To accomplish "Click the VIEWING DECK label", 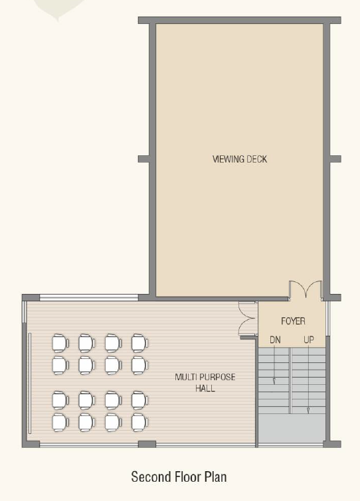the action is (x=240, y=159).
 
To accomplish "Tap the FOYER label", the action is (x=293, y=321).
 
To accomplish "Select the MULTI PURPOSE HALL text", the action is (x=205, y=382).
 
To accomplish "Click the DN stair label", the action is (x=275, y=340).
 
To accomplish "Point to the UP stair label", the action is (x=309, y=340).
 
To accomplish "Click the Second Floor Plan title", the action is (x=179, y=476).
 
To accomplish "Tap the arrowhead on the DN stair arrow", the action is (x=274, y=381).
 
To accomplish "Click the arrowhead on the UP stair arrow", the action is (x=308, y=410).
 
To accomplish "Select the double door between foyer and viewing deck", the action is (x=306, y=289).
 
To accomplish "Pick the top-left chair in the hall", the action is (x=60, y=343).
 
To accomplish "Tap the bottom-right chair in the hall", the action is (x=139, y=423).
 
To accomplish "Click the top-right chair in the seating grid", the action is (x=139, y=343).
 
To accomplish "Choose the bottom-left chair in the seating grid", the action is (x=60, y=423).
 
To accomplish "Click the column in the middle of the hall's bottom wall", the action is (x=147, y=444).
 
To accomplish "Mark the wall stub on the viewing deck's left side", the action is (x=144, y=159).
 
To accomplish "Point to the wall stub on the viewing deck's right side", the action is (x=335, y=159).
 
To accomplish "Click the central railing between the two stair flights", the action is (x=291, y=380).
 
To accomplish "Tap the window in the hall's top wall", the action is (x=89, y=298).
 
